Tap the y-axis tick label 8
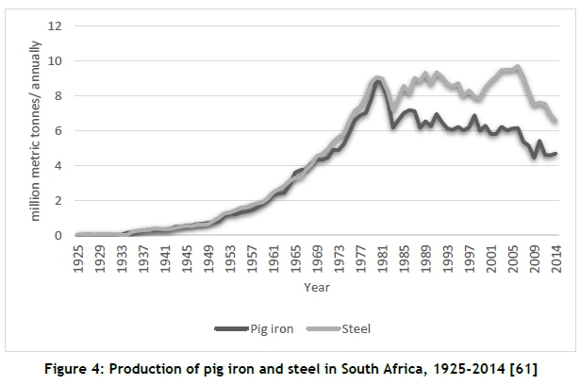coord(58,95)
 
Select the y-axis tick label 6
coord(58,130)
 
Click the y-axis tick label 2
coord(58,200)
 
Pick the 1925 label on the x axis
coord(78,258)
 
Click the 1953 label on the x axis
coord(230,258)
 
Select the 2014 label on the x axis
coord(555,258)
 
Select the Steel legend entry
coord(356,328)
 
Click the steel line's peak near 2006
coord(518,67)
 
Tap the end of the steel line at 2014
coord(555,122)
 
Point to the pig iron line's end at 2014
coord(555,154)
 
